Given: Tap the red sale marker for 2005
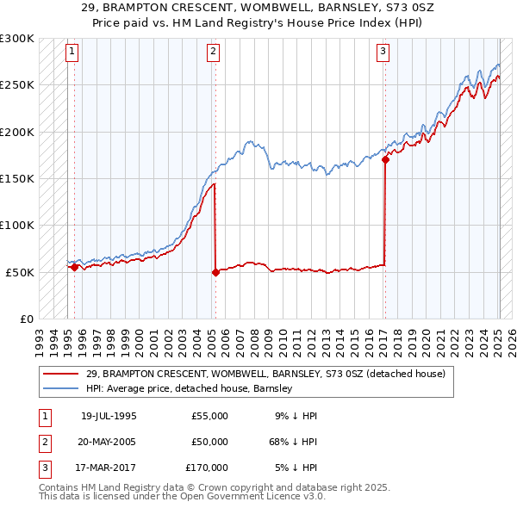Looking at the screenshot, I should coord(215,272).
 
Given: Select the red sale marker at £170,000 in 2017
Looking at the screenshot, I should coord(385,159).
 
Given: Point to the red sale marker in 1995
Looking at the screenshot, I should coord(75,267).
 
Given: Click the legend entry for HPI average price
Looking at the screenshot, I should coord(190,388).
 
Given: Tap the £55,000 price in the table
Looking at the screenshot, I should coord(209,416).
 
